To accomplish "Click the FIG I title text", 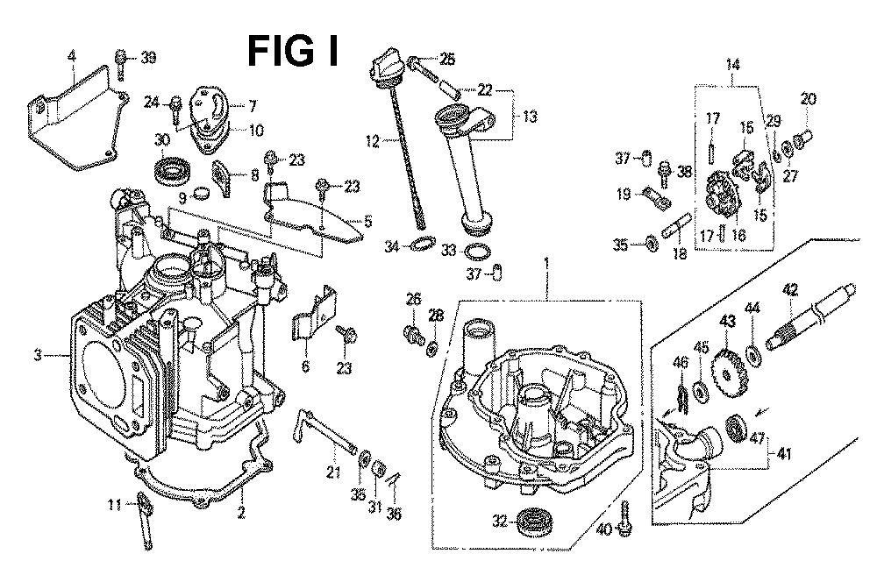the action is click(x=293, y=51).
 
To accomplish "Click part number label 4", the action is click(x=71, y=56).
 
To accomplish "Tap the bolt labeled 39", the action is click(x=120, y=63).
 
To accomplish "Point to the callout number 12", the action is click(x=373, y=141).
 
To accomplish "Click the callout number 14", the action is click(x=732, y=64).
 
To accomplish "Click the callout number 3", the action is click(x=38, y=355).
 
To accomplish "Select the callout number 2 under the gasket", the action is click(x=241, y=512).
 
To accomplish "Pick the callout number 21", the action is click(x=333, y=472).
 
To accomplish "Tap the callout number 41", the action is click(x=784, y=454).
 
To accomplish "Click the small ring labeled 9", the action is click(x=202, y=194).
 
